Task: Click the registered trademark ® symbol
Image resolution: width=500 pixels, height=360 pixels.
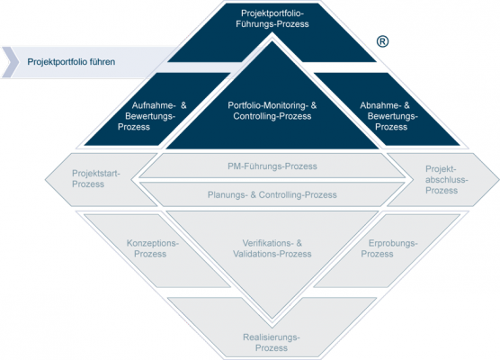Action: click(x=383, y=41)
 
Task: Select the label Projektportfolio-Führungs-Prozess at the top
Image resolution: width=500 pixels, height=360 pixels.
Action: click(x=272, y=19)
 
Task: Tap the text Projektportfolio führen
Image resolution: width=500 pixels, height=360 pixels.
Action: click(x=71, y=61)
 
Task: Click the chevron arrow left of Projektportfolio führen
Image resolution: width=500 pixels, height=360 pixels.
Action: click(x=11, y=62)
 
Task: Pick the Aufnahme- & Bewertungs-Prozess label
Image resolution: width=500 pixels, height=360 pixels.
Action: click(x=152, y=116)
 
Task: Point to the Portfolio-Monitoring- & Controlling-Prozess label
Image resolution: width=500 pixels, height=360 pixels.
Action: click(x=272, y=111)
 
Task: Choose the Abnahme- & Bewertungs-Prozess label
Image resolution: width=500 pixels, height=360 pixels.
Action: click(x=388, y=116)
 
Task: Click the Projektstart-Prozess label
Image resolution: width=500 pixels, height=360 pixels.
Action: click(x=96, y=179)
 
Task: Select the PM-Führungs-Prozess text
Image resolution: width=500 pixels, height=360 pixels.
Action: click(x=272, y=166)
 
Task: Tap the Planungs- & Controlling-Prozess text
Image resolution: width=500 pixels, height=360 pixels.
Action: click(x=272, y=194)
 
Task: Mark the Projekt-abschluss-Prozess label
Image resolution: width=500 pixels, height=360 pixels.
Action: click(x=446, y=180)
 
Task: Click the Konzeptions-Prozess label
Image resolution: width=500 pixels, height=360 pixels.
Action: click(x=153, y=248)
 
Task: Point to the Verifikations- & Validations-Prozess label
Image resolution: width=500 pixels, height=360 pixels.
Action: click(x=272, y=248)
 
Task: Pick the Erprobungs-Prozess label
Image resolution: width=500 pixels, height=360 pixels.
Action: click(x=389, y=248)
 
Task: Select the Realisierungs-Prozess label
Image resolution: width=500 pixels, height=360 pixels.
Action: click(x=272, y=342)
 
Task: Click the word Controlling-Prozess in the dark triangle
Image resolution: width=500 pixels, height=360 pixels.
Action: click(x=272, y=116)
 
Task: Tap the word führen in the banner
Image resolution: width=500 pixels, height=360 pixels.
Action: click(x=103, y=61)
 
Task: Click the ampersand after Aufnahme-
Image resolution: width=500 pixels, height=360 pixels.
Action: click(x=183, y=105)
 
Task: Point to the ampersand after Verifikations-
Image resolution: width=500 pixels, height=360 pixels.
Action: click(x=299, y=243)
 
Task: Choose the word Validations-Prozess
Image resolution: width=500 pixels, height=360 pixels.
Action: click(x=272, y=254)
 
